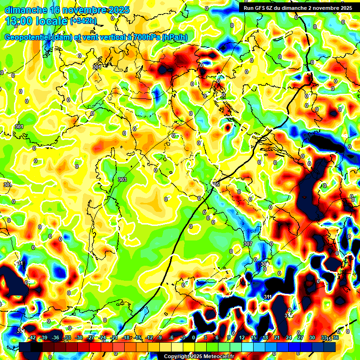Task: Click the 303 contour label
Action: (x=122, y=180)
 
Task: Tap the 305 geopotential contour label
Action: (x=216, y=184)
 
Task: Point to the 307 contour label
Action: (x=248, y=244)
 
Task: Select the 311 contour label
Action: (x=268, y=297)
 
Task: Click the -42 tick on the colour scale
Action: (x=32, y=337)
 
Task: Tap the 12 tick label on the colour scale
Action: (x=241, y=337)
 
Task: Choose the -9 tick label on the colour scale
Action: (x=159, y=337)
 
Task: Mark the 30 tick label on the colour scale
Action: (x=312, y=337)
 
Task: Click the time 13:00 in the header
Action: (x=20, y=21)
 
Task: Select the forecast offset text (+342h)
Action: (x=84, y=21)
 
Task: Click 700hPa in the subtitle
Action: (x=146, y=37)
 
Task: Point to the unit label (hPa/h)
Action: (x=175, y=37)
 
